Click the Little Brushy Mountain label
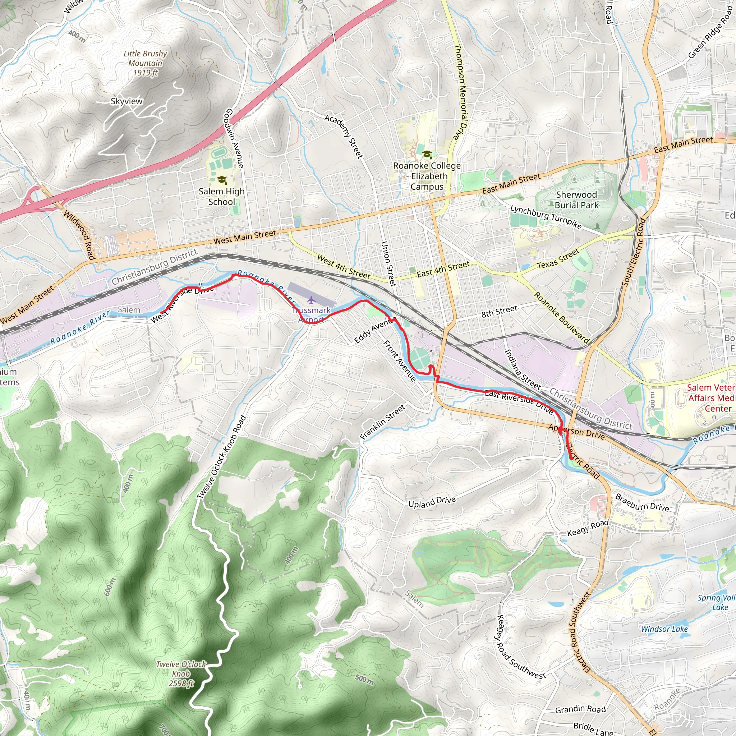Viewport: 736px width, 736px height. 145,63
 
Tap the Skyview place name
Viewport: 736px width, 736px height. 126,101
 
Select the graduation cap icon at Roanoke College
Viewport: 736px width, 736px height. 427,154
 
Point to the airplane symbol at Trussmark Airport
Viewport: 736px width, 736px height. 311,300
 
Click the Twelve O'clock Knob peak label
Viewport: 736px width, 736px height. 181,674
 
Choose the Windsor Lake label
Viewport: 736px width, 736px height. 664,629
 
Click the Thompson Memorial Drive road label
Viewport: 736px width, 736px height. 461,92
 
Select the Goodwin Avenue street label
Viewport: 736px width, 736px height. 234,138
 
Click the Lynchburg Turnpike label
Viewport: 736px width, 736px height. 546,217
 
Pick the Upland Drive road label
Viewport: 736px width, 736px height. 432,502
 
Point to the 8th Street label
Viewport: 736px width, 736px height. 499,311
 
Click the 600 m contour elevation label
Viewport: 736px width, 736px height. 109,586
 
